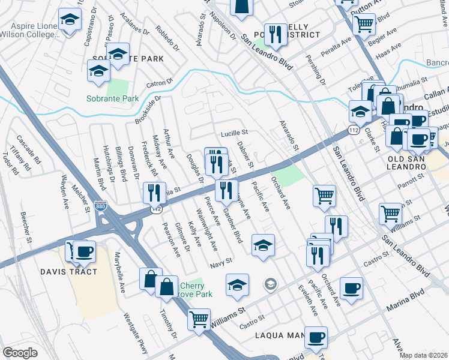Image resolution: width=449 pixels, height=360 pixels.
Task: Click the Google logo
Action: pos(20,353)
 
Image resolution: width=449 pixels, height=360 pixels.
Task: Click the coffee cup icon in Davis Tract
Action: pos(83,253)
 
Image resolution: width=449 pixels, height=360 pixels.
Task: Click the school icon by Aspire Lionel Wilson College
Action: pos(70,21)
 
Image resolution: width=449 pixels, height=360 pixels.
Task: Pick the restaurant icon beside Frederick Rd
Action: pos(155,193)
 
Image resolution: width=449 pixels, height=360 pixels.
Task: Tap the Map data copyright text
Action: pos(423,355)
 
